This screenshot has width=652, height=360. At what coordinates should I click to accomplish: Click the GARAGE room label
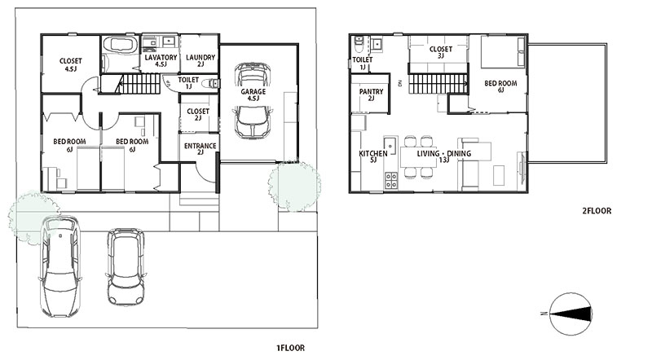[x=253, y=91]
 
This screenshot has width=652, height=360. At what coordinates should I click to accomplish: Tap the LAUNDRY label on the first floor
[x=200, y=57]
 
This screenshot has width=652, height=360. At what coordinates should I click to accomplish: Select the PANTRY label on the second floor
[x=372, y=91]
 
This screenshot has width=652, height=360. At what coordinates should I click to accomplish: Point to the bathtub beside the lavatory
[x=121, y=45]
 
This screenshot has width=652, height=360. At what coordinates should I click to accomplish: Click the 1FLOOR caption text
[x=290, y=348]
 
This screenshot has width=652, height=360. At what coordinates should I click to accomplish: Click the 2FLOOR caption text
[x=597, y=211]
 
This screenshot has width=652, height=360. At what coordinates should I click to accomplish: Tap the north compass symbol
[x=570, y=314]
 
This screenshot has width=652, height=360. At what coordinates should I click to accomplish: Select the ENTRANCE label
[x=200, y=146]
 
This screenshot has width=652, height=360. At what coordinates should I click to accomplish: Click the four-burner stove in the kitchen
[x=391, y=181]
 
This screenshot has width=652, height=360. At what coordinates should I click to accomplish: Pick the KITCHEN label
[x=373, y=153]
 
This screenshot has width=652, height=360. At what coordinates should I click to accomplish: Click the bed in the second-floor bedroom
[x=503, y=51]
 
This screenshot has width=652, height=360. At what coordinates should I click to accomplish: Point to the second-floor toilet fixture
[x=359, y=45]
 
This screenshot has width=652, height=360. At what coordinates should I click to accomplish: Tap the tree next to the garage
[x=294, y=185]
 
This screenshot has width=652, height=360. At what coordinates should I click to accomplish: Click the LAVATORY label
[x=161, y=57]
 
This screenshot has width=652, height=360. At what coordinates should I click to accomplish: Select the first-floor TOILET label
[x=188, y=79]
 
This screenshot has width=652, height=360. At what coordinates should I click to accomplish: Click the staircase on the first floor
[x=140, y=85]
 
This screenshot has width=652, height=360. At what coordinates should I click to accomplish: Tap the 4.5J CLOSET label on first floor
[x=71, y=61]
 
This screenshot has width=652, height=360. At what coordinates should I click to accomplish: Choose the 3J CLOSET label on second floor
[x=441, y=50]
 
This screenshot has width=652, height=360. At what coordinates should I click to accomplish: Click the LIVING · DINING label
[x=443, y=153]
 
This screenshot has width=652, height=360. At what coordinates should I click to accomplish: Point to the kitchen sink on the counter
[x=390, y=144]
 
